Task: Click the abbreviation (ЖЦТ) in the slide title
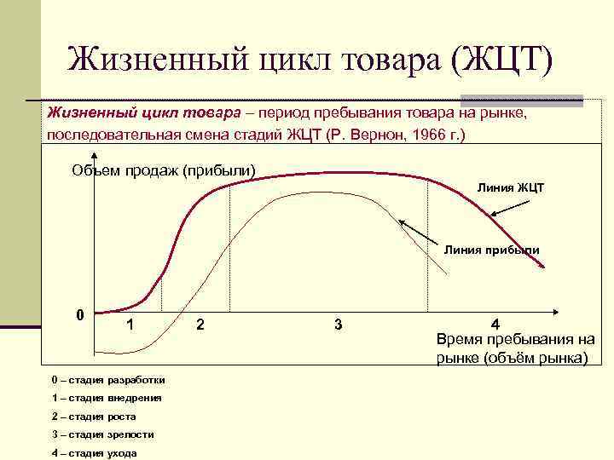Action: coord(504,59)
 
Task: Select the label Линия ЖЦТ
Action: coord(510,187)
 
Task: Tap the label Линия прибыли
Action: coord(491,249)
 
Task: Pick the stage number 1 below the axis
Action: coord(129,324)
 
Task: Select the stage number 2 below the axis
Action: coord(200,324)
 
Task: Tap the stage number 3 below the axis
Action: coord(339,324)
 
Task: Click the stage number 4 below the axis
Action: coord(495,324)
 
